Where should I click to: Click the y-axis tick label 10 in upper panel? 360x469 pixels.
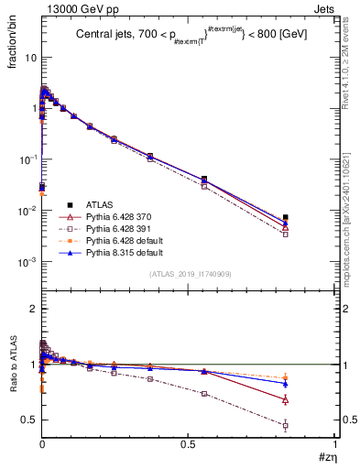tap(29, 57)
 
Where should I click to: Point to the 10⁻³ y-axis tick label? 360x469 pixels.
tap(27, 262)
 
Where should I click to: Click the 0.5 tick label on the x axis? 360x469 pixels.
tap(189, 443)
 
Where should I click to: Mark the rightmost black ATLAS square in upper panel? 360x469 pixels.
tap(286, 217)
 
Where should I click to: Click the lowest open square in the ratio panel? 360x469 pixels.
tap(286, 426)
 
